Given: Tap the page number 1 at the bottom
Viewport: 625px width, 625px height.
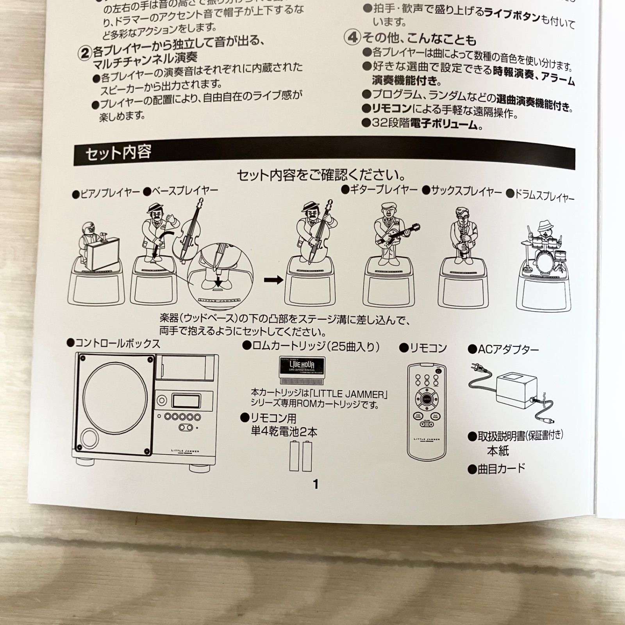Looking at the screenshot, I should tap(316, 484).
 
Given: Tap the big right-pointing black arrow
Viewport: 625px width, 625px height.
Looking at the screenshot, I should tap(273, 280).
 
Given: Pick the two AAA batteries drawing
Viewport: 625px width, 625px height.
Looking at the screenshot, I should tap(300, 456).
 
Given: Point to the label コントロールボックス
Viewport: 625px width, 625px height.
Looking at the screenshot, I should tap(114, 344).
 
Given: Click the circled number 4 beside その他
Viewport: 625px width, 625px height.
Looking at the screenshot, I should tap(352, 37).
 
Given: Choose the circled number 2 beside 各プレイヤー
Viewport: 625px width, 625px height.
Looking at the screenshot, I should tap(84, 53).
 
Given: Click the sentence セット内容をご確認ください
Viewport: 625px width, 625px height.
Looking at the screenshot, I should tap(321, 174).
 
